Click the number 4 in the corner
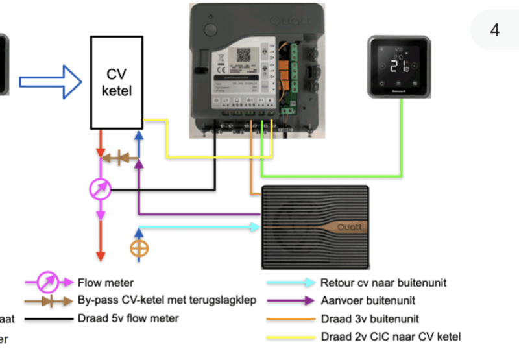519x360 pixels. point(495,30)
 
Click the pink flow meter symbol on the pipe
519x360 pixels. point(100,189)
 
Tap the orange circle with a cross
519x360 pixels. point(138,248)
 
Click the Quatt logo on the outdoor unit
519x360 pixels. point(348,228)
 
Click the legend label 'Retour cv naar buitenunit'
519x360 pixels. point(383,283)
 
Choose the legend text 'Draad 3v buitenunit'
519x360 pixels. point(370,318)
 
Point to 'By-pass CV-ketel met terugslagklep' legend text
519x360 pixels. point(167,300)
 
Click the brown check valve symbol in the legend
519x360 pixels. point(49,301)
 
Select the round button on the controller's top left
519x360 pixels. point(210,29)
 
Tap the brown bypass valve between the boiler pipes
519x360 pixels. point(119,157)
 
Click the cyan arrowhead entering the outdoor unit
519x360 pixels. point(254,227)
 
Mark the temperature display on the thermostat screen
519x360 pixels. point(398,65)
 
